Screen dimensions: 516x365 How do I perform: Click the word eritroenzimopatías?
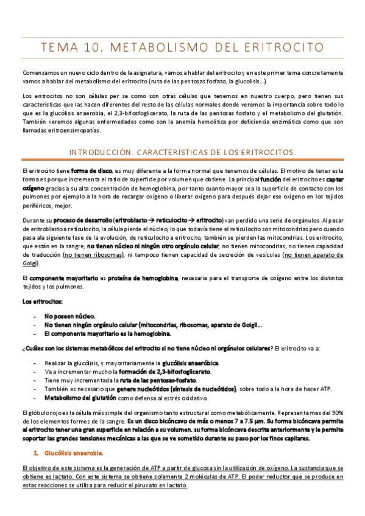pos(58,131)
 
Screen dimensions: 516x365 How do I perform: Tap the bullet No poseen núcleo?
pos(69,316)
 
